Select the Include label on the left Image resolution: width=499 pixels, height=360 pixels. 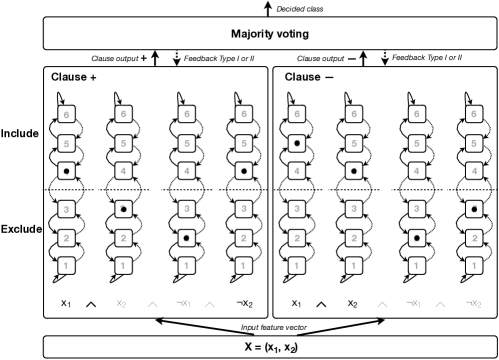(19, 132)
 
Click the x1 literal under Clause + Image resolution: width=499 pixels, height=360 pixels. (64, 302)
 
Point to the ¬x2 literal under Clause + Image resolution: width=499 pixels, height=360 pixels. (242, 302)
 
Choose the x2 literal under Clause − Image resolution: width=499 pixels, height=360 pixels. (352, 302)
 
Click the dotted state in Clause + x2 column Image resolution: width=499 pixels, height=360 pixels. (122, 210)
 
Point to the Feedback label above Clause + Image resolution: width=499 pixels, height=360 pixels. (220, 60)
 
